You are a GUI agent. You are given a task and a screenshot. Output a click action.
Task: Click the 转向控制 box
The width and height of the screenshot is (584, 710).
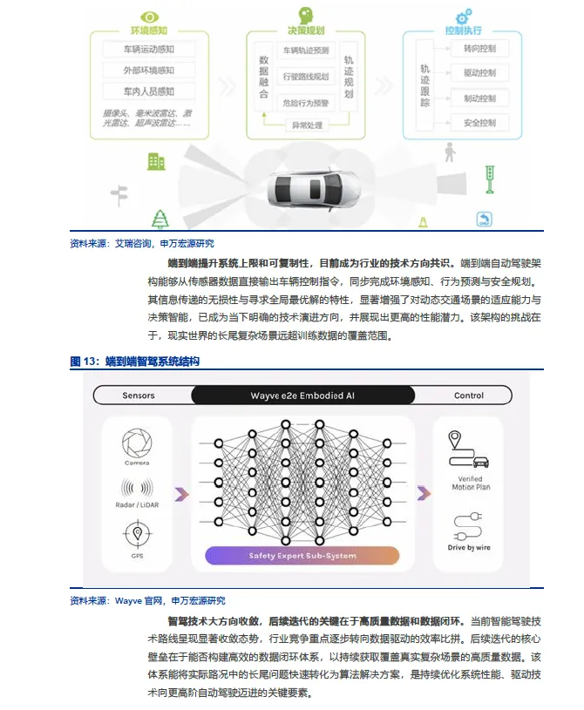click(480, 49)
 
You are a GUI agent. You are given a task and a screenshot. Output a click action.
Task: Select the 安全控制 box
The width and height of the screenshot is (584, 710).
click(480, 123)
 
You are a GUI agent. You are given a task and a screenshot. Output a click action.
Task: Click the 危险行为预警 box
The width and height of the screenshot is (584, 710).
click(306, 103)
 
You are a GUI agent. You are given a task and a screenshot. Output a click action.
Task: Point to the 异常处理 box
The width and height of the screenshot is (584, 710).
click(306, 125)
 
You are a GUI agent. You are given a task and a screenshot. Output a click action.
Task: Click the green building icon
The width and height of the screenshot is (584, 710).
click(156, 161)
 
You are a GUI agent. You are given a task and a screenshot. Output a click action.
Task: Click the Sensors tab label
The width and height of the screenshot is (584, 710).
click(139, 396)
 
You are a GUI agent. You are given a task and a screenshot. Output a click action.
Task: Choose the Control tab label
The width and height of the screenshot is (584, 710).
click(469, 396)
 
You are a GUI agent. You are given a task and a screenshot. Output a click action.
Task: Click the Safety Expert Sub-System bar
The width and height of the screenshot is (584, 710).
click(302, 555)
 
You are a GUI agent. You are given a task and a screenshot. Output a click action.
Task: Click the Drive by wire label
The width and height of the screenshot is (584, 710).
click(470, 546)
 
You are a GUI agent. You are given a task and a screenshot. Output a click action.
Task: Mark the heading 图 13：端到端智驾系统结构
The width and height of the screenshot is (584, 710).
click(135, 361)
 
